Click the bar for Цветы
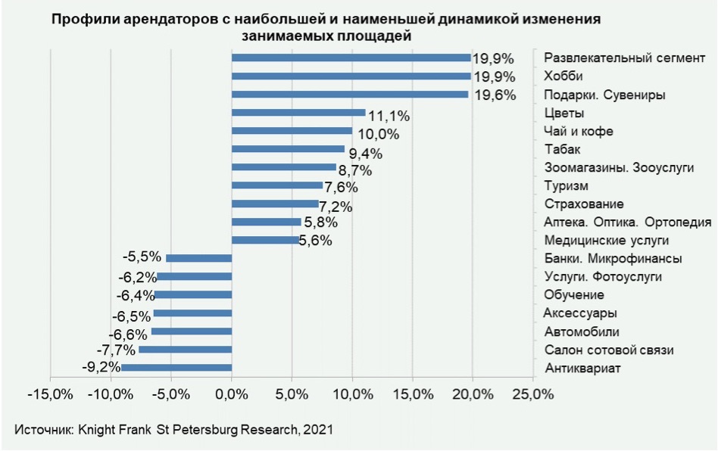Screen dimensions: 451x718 pyautogui.click(x=298, y=113)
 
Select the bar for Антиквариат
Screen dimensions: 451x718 pyautogui.click(x=176, y=368)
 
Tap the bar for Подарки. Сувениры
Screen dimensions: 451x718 pyautogui.click(x=350, y=95)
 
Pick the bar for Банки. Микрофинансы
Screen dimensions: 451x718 pyautogui.click(x=198, y=258)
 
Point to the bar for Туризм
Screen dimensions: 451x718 pyautogui.click(x=277, y=185)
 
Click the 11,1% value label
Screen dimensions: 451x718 pyautogui.click(x=389, y=116)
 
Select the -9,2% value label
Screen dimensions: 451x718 pyautogui.click(x=101, y=368)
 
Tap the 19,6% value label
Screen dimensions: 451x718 pyautogui.click(x=494, y=95)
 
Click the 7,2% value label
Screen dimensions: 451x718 pyautogui.click(x=338, y=206)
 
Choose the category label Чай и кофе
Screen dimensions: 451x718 pyautogui.click(x=579, y=132)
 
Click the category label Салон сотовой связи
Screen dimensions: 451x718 pyautogui.click(x=609, y=350)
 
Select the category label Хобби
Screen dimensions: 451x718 pyautogui.click(x=563, y=76)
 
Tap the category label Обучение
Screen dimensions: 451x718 pyautogui.click(x=574, y=295)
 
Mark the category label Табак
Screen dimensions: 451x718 pyautogui.click(x=563, y=149)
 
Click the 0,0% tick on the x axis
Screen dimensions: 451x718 pyautogui.click(x=232, y=394)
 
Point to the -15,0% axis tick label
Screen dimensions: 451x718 pyautogui.click(x=50, y=394)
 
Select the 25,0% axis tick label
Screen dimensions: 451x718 pyautogui.click(x=532, y=394)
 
